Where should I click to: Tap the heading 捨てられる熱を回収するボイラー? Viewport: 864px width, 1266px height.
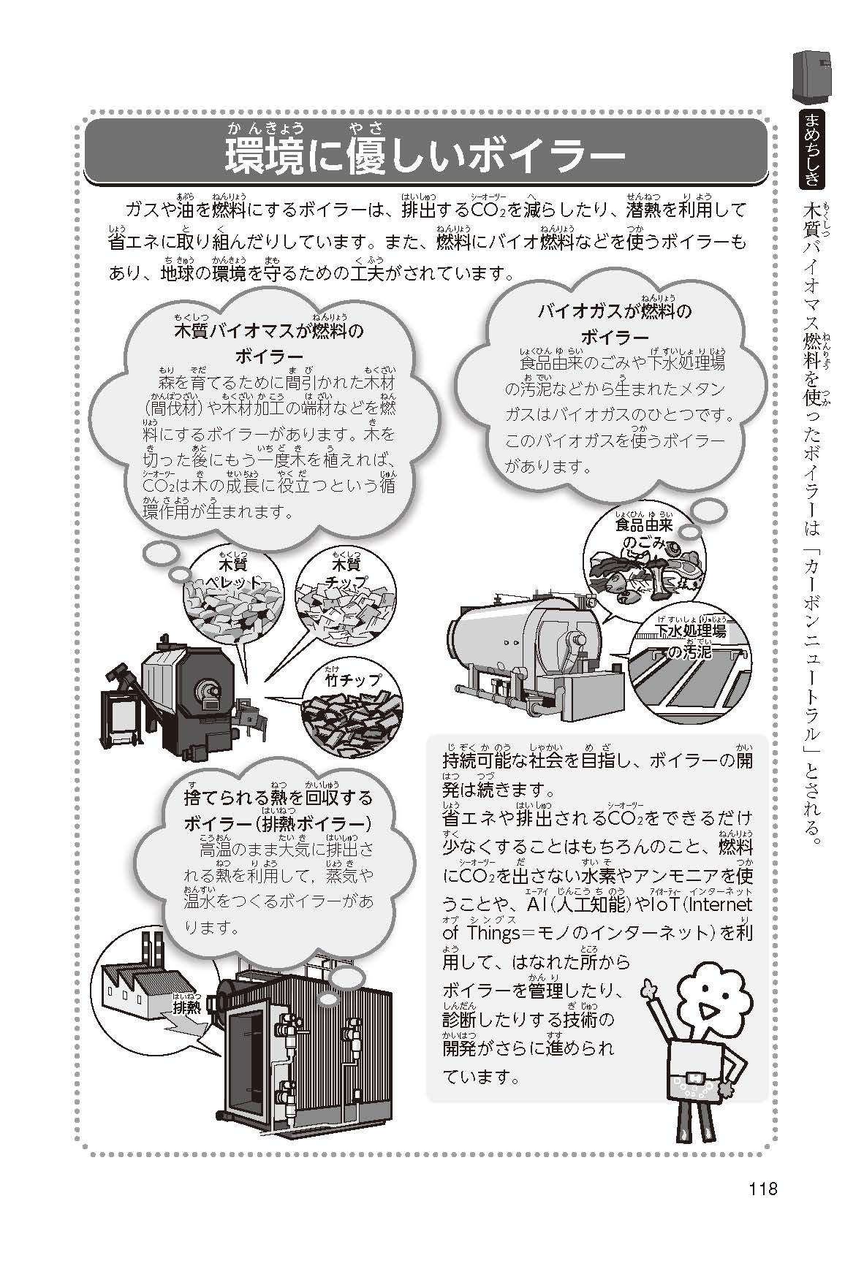tap(278, 809)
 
